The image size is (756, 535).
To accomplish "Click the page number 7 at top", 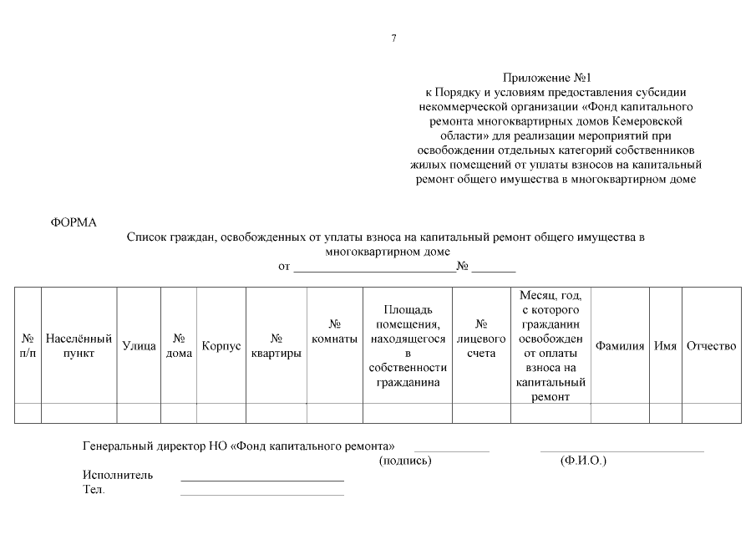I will (393, 38).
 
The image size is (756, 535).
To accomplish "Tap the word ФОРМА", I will (74, 222).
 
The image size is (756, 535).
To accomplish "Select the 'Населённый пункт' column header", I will (79, 345).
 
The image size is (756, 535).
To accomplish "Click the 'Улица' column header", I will (139, 345).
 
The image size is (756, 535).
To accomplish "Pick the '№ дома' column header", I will (179, 345).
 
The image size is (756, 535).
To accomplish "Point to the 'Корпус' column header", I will (221, 345).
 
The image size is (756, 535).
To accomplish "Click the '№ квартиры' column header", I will (276, 345).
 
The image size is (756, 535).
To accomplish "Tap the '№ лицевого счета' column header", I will (481, 345).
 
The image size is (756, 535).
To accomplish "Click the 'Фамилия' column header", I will (619, 345).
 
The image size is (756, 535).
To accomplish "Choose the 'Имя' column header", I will (665, 345).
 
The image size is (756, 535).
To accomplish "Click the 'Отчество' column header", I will (711, 345).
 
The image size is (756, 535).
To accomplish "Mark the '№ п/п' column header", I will (28, 345).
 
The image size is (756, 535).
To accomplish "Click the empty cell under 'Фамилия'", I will (619, 413).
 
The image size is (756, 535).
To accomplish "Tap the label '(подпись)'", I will (405, 461).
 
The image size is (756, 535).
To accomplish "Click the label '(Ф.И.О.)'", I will (583, 461).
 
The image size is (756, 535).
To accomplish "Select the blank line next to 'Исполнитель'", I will (261, 479).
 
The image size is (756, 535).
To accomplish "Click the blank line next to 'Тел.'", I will (261, 493).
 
